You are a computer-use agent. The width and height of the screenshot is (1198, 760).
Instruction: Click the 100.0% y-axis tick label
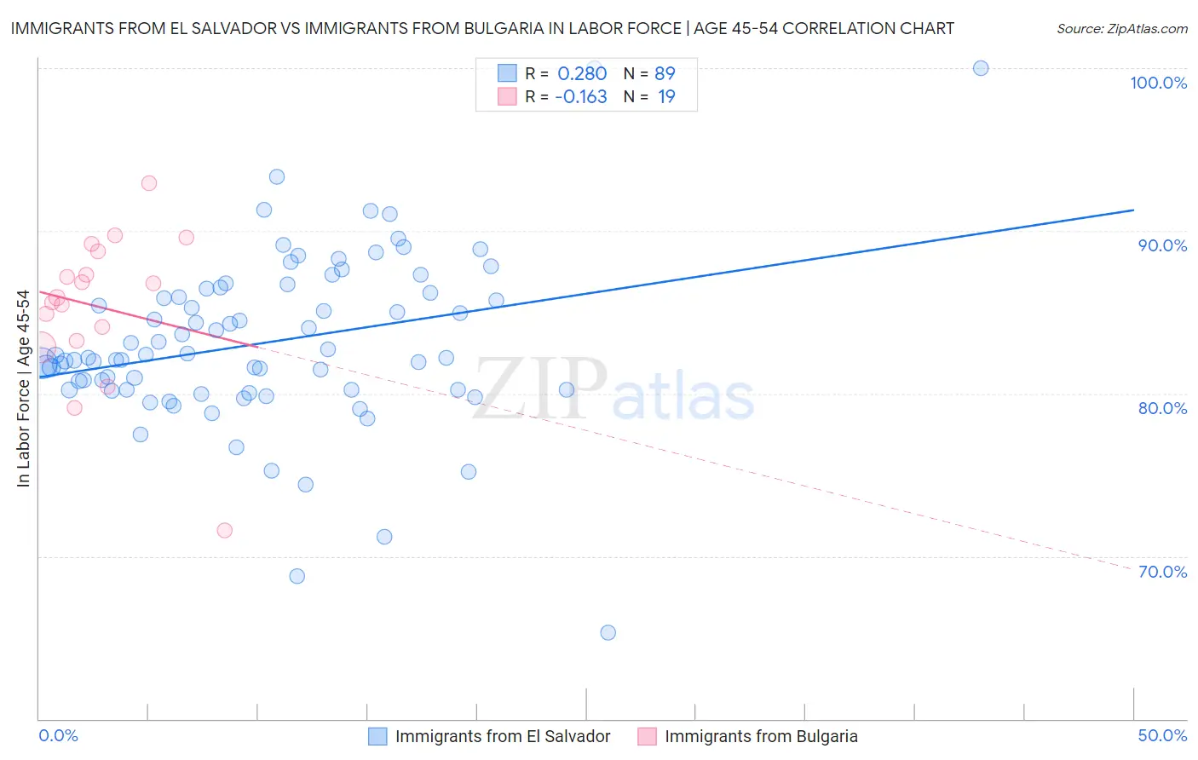coord(1158,83)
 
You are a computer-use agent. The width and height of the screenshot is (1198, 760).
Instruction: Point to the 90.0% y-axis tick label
coord(1162,245)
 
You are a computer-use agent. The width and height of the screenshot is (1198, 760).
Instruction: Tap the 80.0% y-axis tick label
coord(1162,408)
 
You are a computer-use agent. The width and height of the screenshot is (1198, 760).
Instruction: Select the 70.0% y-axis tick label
coord(1162,572)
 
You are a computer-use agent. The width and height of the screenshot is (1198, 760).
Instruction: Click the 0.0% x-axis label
coord(58,735)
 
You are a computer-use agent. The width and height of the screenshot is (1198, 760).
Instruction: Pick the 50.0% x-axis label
coord(1162,735)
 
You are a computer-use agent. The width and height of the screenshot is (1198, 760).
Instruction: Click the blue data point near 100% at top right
coord(981,68)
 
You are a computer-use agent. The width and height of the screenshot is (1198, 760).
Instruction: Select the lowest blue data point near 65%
coord(608,632)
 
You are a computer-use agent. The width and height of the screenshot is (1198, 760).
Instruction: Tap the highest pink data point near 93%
coord(149,183)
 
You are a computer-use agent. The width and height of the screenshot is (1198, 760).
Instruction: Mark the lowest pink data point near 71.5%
coord(225,530)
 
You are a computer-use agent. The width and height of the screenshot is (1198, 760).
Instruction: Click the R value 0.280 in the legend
coord(582,73)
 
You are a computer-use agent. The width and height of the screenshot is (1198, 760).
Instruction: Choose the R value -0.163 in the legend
coord(580,96)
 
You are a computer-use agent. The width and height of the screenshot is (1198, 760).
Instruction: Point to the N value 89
coord(665,73)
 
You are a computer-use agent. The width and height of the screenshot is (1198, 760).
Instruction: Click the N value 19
coord(666,96)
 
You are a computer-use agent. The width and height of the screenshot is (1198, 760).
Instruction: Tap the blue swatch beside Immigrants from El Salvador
coord(377,736)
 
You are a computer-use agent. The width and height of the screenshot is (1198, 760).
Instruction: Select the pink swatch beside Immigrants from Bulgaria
coord(647,736)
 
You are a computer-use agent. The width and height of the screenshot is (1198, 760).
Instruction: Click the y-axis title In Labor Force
coord(23,389)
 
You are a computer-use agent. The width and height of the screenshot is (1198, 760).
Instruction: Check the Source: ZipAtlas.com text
coord(1121,28)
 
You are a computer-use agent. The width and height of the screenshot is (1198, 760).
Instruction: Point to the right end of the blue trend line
coord(1133,210)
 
